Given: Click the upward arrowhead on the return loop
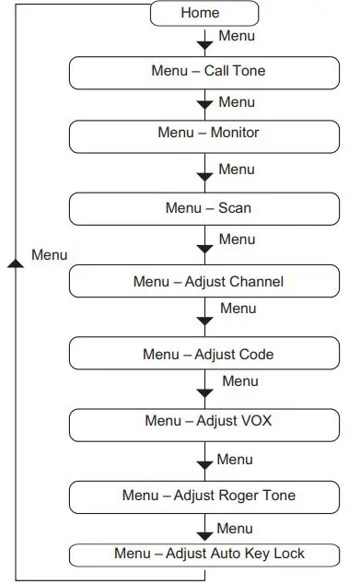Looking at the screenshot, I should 14,263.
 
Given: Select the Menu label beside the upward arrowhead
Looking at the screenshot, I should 49,254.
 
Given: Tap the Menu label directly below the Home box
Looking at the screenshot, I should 236,37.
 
